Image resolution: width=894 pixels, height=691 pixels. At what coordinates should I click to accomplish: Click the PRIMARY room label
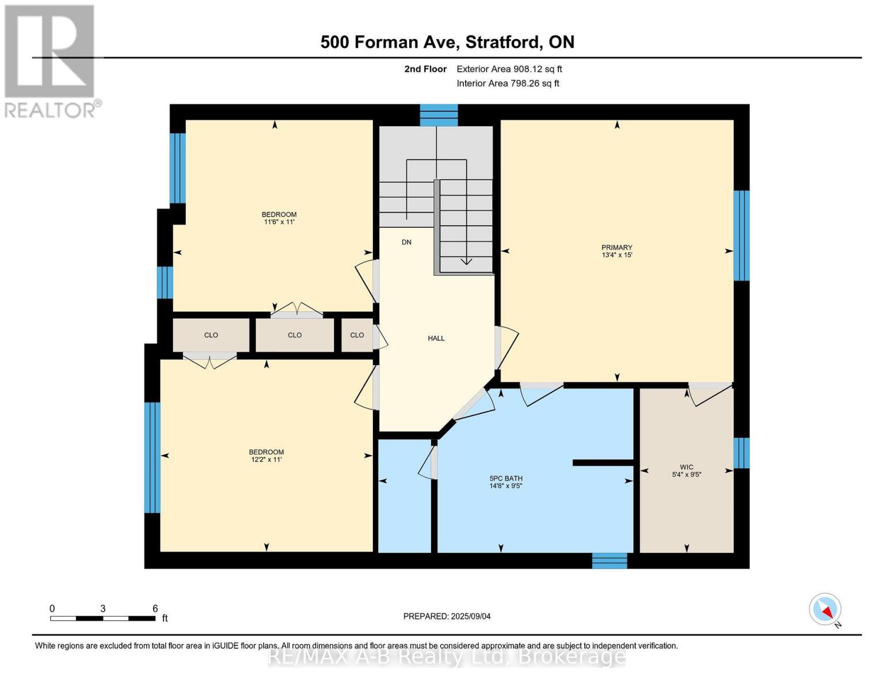(617, 248)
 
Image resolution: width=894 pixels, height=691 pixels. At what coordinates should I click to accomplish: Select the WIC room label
(686, 467)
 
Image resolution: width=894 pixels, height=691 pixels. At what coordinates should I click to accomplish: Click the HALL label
(436, 339)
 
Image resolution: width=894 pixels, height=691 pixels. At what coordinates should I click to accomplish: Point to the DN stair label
(406, 242)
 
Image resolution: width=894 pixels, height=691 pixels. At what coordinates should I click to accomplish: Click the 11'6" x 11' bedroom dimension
(279, 222)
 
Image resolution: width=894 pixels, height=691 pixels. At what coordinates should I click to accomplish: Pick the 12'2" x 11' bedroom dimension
(266, 460)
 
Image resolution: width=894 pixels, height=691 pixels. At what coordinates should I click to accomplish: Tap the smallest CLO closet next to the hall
(357, 335)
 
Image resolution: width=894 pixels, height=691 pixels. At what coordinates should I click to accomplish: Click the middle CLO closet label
(295, 335)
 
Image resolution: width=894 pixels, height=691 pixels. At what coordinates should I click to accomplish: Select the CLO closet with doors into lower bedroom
(211, 335)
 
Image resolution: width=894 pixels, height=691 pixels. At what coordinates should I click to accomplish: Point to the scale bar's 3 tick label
(102, 609)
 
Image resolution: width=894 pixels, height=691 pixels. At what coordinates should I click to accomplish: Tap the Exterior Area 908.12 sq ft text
(509, 69)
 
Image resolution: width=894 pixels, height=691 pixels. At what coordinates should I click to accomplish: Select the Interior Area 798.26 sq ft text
(508, 83)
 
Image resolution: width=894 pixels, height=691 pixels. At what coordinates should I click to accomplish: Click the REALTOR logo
(51, 60)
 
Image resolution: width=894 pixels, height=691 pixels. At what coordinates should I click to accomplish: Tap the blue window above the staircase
(438, 115)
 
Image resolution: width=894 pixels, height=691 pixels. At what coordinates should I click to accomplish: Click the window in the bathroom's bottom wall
(609, 560)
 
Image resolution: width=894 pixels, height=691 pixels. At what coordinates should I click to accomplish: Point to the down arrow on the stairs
(466, 261)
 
